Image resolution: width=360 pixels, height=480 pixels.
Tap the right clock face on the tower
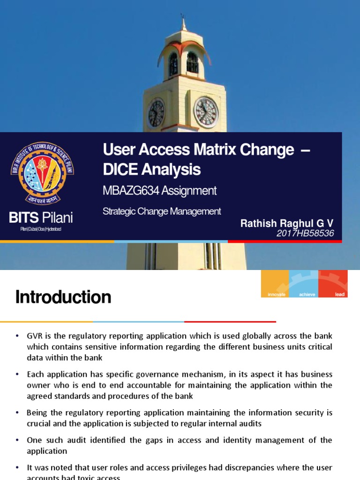(x=206, y=112)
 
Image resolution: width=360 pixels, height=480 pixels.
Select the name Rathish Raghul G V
(x=287, y=223)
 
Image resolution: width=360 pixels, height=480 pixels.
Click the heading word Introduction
(x=63, y=297)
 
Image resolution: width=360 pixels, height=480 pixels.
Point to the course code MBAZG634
(x=129, y=191)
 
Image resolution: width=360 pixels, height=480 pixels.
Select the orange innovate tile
(x=275, y=284)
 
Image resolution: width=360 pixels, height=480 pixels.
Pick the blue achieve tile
(x=304, y=284)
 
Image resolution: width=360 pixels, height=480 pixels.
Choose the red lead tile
(x=333, y=284)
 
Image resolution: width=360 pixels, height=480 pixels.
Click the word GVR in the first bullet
(x=35, y=336)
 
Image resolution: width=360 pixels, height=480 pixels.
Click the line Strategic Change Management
(x=162, y=211)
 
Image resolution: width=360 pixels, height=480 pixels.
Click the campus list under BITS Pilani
(x=41, y=229)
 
